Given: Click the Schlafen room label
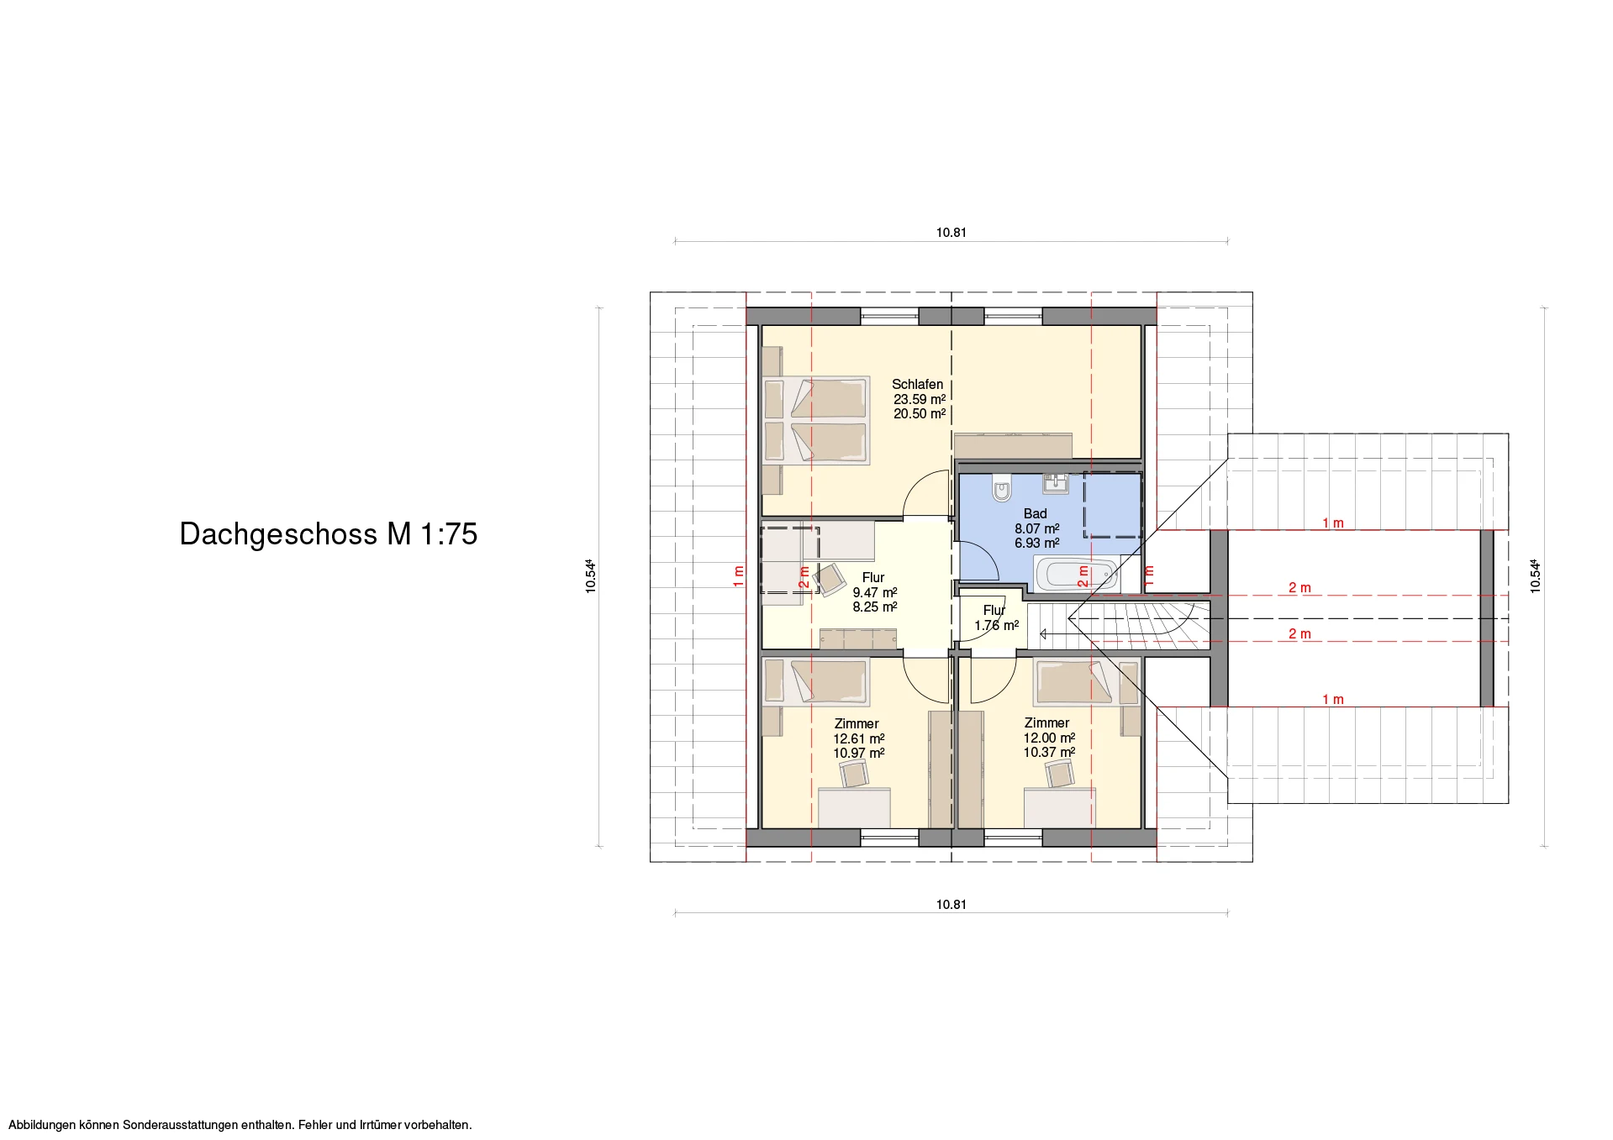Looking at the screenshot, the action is coord(917,384).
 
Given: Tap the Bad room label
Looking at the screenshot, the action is coord(1035,513).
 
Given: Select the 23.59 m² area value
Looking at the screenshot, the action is coord(919,399).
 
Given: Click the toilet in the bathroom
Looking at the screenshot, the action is coord(1001,487).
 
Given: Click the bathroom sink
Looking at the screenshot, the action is coord(1056,482).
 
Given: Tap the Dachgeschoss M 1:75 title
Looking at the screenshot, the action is coord(329,534).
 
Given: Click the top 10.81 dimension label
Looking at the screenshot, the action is coord(951,233).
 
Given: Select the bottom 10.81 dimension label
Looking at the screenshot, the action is coord(951,905).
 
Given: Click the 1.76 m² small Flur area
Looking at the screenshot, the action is coord(996,625).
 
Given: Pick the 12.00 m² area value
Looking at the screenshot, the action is coord(1049,738).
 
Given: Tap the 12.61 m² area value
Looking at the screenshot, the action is coord(859,738).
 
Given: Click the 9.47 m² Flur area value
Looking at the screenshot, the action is coord(875,592).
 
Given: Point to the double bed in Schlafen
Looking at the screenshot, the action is coord(816,420).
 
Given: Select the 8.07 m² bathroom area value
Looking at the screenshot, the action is coord(1036,528).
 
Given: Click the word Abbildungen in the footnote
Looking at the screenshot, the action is coord(42,1125).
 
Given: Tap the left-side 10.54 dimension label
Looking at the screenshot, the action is coord(592,576).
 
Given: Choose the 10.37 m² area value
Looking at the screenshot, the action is coord(1049,752).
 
